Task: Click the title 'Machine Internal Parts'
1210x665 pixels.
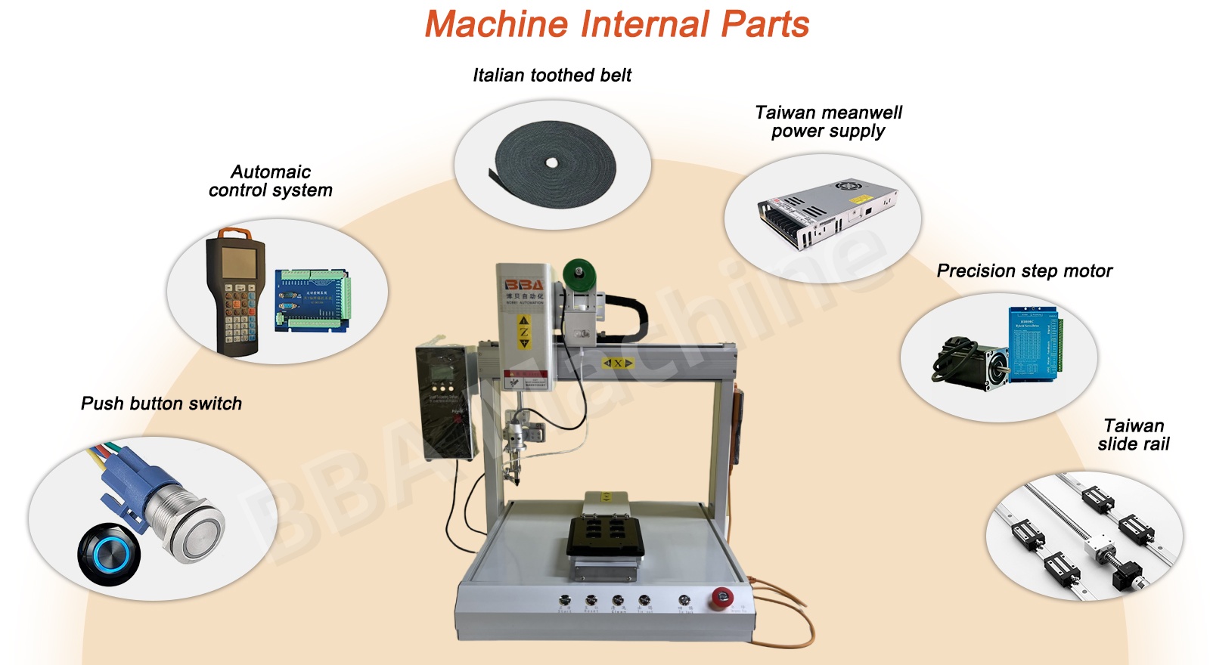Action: (616, 24)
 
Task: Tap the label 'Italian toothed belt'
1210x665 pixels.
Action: (552, 75)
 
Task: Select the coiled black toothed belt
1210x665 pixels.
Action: (554, 162)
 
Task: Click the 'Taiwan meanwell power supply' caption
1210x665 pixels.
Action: (828, 122)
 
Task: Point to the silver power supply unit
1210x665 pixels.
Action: (826, 214)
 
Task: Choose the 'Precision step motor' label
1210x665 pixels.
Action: (1024, 271)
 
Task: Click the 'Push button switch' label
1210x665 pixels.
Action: (161, 404)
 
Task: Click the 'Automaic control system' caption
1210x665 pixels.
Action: (271, 181)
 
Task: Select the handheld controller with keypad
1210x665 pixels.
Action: (234, 291)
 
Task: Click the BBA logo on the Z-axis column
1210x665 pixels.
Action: (523, 285)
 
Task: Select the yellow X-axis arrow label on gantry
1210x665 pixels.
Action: (617, 363)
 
